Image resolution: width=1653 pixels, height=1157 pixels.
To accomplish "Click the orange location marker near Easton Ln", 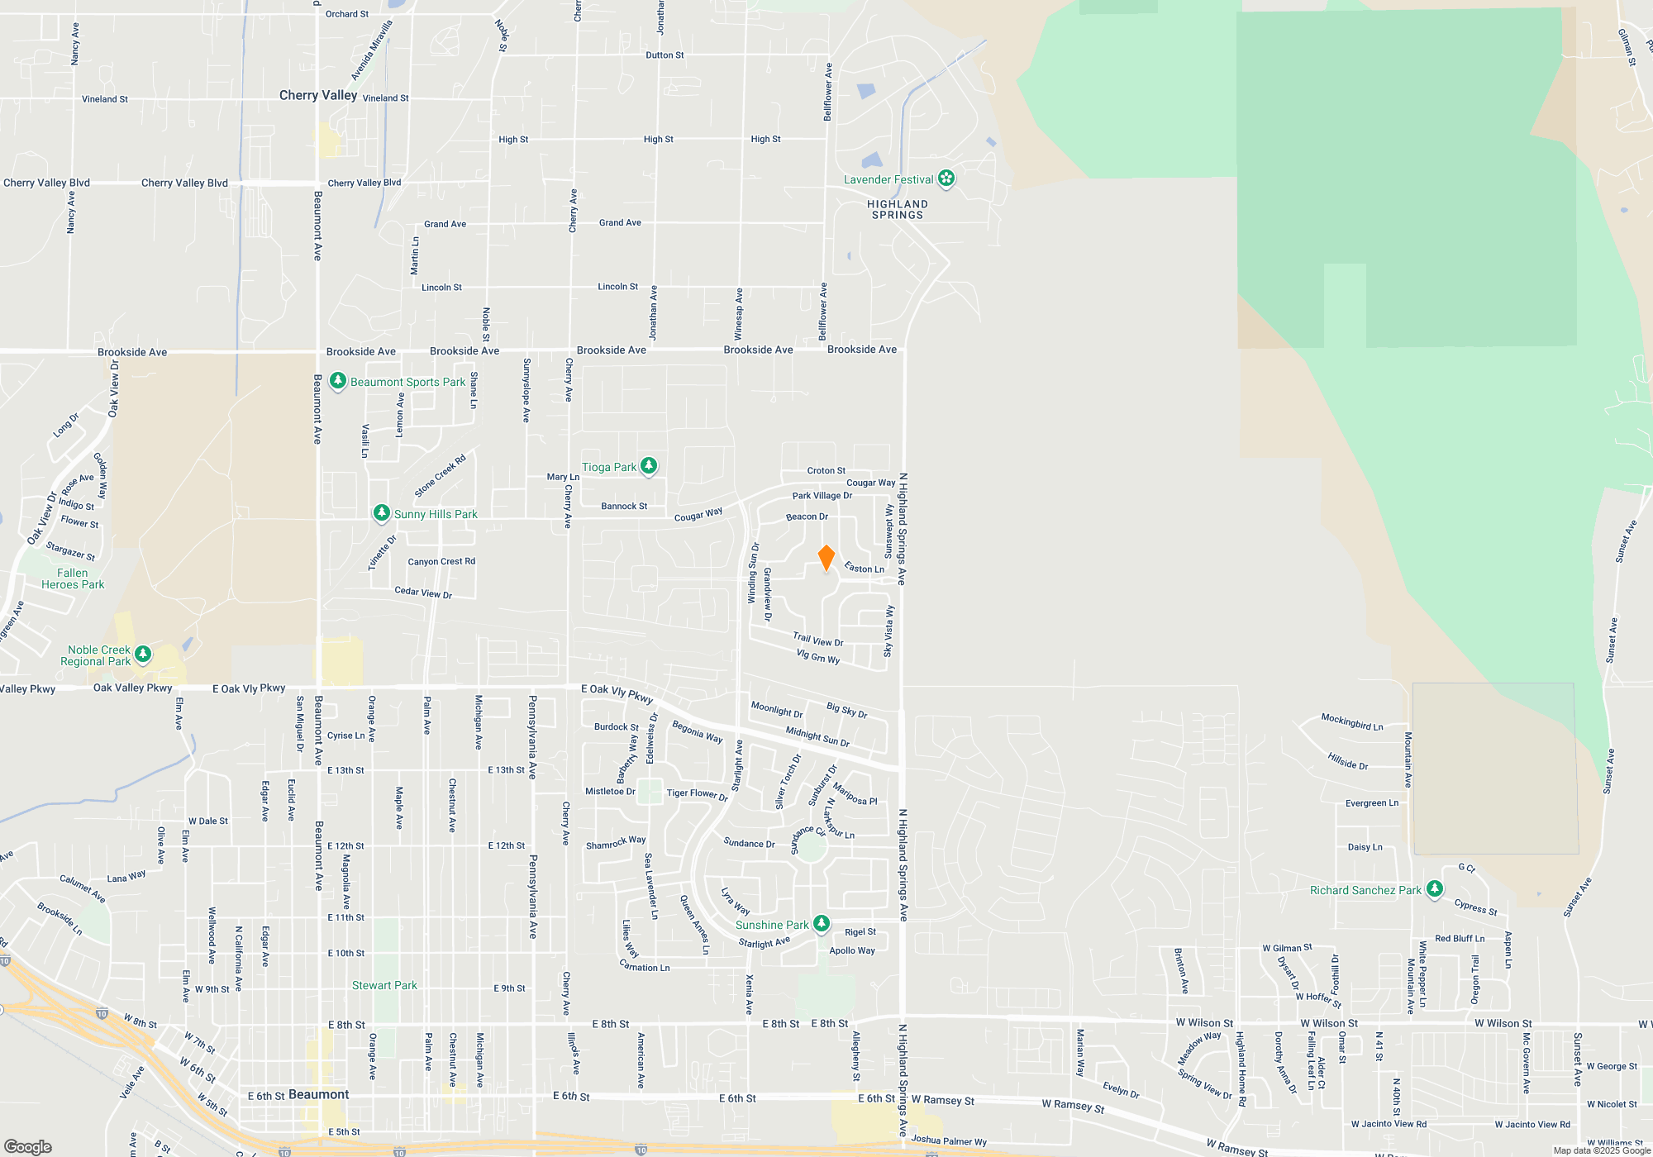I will pyautogui.click(x=826, y=558).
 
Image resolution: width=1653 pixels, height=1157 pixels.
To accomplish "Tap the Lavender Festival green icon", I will pyautogui.click(x=946, y=179).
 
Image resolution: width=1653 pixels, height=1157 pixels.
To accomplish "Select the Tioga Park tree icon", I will pyautogui.click(x=649, y=466).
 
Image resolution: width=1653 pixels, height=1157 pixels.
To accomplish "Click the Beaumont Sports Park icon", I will pyautogui.click(x=337, y=381).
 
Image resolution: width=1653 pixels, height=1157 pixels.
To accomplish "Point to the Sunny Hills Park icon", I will pyautogui.click(x=381, y=513).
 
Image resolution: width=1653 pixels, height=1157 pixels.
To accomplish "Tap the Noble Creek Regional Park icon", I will pyautogui.click(x=143, y=655).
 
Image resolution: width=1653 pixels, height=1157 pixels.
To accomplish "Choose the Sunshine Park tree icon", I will pyautogui.click(x=821, y=923).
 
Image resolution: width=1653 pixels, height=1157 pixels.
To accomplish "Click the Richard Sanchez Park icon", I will pyautogui.click(x=1435, y=889).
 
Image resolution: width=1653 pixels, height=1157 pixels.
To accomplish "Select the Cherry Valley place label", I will pyautogui.click(x=318, y=95).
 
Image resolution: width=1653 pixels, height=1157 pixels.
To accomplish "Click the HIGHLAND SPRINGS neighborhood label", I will pyautogui.click(x=897, y=209).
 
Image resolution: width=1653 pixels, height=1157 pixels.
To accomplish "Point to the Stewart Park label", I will pyautogui.click(x=384, y=985).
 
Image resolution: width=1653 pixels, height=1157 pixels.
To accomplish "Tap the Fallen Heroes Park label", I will pyautogui.click(x=73, y=578).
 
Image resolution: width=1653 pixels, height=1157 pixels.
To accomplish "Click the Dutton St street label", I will pyautogui.click(x=665, y=55).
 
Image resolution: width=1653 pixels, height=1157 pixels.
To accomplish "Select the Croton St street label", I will pyautogui.click(x=826, y=470).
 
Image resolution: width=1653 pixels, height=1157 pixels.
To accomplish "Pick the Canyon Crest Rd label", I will pyautogui.click(x=441, y=561).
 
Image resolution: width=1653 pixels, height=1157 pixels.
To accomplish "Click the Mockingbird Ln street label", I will pyautogui.click(x=1351, y=721).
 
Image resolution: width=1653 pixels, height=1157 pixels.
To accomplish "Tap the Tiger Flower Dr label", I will pyautogui.click(x=697, y=794).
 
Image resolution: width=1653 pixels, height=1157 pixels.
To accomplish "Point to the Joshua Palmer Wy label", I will pyautogui.click(x=949, y=1140).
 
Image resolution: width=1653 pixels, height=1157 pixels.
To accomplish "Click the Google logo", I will pyautogui.click(x=28, y=1146).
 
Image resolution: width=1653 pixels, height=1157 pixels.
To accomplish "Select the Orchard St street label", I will pyautogui.click(x=347, y=14).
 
